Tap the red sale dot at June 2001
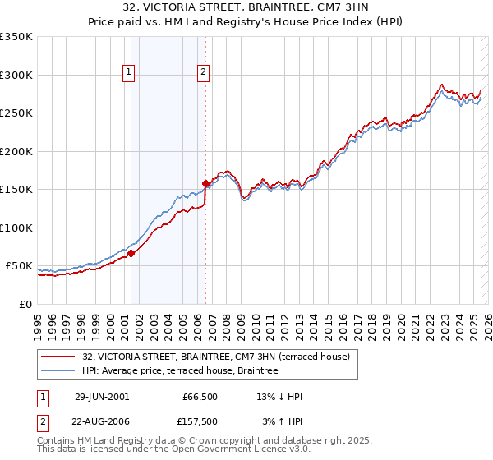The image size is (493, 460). pos(131,253)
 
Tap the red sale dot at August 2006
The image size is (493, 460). pos(205,183)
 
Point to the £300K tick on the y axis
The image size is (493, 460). pos(16,75)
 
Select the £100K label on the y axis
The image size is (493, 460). pos(16,228)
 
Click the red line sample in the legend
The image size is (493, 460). pos(60,356)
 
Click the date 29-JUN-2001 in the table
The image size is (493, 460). pos(102,397)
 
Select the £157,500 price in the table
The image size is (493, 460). pos(199,421)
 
